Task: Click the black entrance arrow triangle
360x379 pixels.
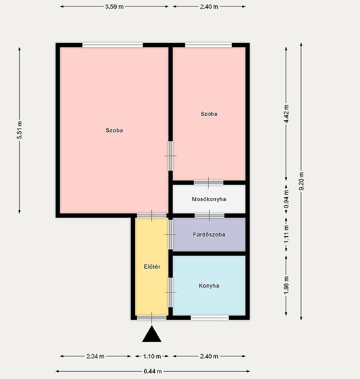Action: pyautogui.click(x=152, y=334)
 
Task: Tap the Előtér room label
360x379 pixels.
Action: pyautogui.click(x=152, y=267)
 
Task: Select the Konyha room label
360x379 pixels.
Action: pyautogui.click(x=209, y=286)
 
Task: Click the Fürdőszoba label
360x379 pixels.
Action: pyautogui.click(x=209, y=235)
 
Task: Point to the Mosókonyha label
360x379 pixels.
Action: pyautogui.click(x=209, y=199)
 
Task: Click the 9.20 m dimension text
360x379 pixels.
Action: pyautogui.click(x=301, y=181)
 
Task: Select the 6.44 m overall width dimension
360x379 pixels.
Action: pyautogui.click(x=153, y=371)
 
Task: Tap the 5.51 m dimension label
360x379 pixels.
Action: pyautogui.click(x=20, y=130)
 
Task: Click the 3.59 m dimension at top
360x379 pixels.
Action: pyautogui.click(x=114, y=6)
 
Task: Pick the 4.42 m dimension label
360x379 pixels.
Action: pyautogui.click(x=286, y=114)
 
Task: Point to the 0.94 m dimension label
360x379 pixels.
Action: pyautogui.click(x=286, y=199)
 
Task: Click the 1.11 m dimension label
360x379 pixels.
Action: pyautogui.click(x=286, y=235)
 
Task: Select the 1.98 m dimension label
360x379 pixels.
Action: pyautogui.click(x=286, y=285)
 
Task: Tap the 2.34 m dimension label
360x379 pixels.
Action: pyautogui.click(x=95, y=356)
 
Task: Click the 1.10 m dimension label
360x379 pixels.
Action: pyautogui.click(x=152, y=356)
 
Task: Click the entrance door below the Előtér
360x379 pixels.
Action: pyautogui.click(x=152, y=317)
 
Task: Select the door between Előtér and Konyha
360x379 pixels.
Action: pyautogui.click(x=171, y=292)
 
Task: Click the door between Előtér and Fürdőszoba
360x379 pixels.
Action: pyautogui.click(x=171, y=234)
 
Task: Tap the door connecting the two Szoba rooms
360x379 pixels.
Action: pyautogui.click(x=171, y=156)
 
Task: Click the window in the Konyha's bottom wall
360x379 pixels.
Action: pyautogui.click(x=210, y=317)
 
